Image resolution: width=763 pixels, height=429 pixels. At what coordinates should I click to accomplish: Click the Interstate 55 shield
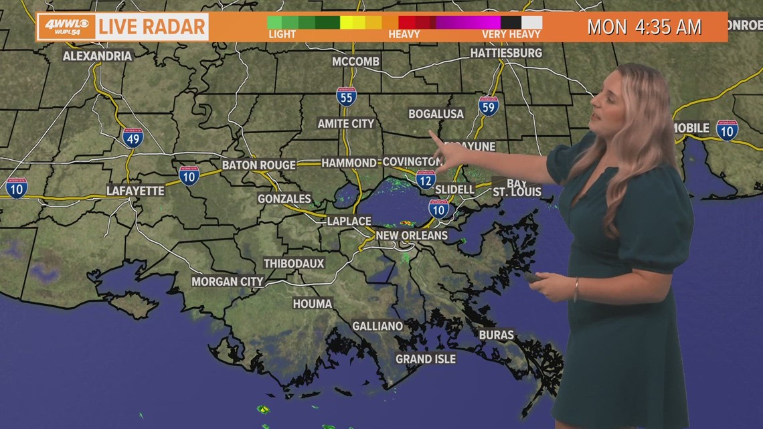pos(346,96)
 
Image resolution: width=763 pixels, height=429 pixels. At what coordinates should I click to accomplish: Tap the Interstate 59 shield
pos(489,106)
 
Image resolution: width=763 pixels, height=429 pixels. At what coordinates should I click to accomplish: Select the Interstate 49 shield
pos(133,138)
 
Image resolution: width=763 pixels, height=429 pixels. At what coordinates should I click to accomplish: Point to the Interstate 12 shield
pos(425,179)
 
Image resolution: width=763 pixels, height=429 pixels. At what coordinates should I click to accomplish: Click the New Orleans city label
pos(411,236)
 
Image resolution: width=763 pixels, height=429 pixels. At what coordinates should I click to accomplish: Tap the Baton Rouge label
pos(258,165)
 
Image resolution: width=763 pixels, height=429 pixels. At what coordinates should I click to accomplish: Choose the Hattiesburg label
pos(505,52)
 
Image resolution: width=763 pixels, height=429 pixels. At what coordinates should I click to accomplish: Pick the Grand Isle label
pos(425,359)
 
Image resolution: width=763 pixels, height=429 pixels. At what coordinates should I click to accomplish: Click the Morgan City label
pos(227,282)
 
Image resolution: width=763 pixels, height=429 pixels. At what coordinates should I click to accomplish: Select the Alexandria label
pos(97,56)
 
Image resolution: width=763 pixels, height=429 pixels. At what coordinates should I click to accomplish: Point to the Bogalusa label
pos(436,114)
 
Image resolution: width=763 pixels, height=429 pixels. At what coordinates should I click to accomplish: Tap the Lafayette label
pos(135,191)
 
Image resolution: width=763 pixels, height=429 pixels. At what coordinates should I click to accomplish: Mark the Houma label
pos(312,304)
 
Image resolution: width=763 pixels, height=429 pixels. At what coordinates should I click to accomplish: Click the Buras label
pos(496,335)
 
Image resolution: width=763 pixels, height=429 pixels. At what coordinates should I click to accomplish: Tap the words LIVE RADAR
pos(151,27)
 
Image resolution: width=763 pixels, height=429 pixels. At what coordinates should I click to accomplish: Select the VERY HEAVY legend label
pos(511,34)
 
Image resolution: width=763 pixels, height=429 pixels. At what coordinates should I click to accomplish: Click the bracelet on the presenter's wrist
pos(575,290)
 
